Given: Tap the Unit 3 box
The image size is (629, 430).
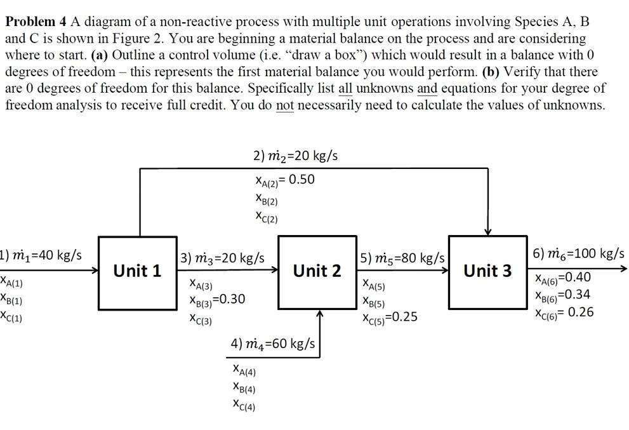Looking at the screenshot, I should coord(487,272).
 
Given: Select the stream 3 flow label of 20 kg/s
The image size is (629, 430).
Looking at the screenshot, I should coord(222,258).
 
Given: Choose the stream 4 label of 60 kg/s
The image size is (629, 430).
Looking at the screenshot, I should coord(272,344).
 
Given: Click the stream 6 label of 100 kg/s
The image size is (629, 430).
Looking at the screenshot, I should coord(578,253).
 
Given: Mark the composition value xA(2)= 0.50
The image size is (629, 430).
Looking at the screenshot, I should coord(283,180).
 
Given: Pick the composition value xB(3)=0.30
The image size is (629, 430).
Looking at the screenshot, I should coord(217,299).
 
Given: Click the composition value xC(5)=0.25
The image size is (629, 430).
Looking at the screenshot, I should coord(390,317).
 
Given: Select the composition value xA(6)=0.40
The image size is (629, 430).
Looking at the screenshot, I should coord(563,278).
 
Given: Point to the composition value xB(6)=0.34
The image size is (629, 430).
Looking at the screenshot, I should coord(563,295).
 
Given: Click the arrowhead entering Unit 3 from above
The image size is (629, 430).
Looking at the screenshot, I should coord(487,232).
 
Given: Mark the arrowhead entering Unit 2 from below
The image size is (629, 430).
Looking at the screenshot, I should coord(320,314).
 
